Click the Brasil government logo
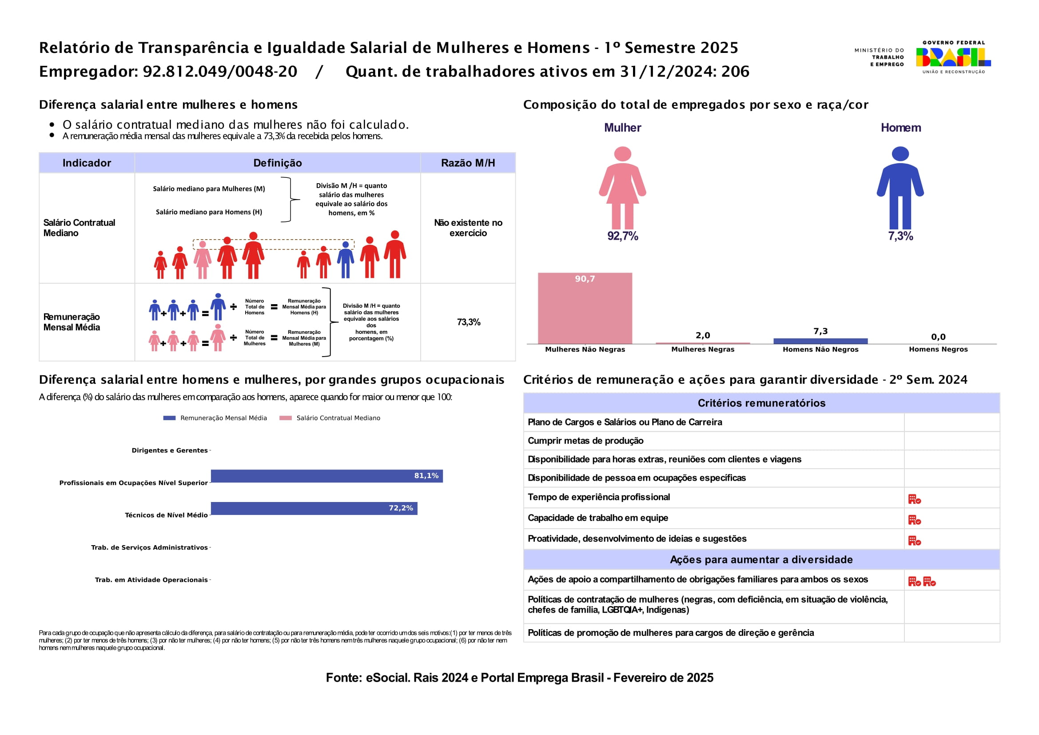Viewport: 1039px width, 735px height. coord(953,57)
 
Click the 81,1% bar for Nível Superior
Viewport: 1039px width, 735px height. coord(326,476)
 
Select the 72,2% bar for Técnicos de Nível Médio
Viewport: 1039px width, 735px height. coord(314,508)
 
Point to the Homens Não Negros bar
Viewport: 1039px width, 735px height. coord(820,341)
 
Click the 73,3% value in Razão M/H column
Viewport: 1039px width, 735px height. coord(468,322)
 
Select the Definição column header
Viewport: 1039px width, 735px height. coord(277,163)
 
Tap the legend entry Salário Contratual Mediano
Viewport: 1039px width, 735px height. coord(338,418)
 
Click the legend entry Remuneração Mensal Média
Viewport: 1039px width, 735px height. coord(223,418)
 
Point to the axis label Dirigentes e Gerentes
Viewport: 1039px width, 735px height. coord(169,450)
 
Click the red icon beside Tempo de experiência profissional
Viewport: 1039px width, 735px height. coord(914,499)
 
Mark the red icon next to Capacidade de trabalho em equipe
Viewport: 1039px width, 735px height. coord(914,520)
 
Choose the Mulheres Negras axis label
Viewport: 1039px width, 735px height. coord(702,349)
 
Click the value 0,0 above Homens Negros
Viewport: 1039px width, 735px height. coord(938,337)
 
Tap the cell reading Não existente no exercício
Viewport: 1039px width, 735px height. coord(468,228)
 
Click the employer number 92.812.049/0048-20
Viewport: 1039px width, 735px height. coord(220,72)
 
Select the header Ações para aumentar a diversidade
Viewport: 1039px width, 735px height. coord(761,559)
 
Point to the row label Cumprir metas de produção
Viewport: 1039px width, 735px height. coord(585,441)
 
